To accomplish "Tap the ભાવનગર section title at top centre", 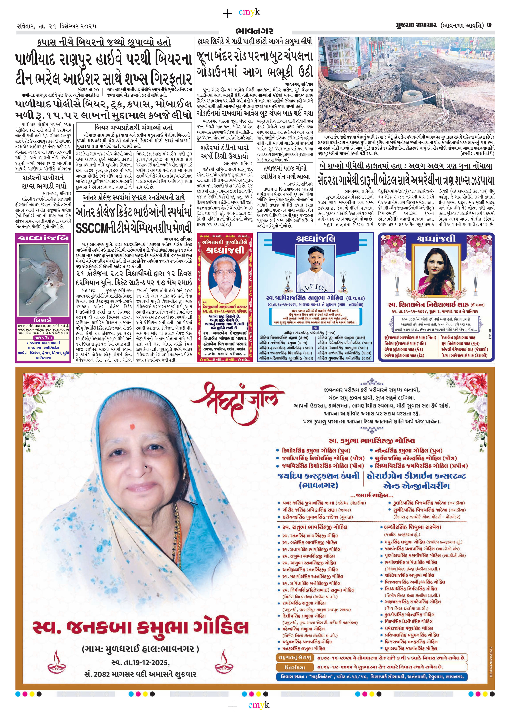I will [x=254, y=31].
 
